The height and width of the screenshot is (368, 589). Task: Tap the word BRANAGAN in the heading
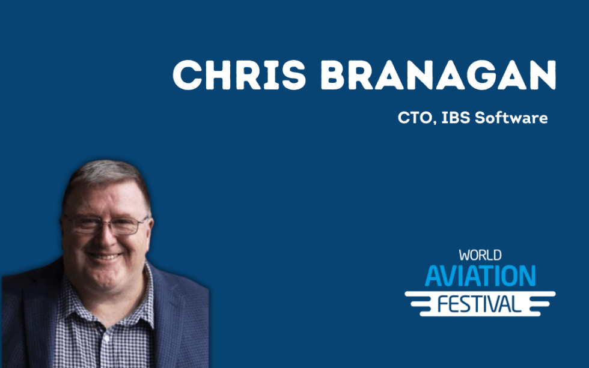tap(432, 76)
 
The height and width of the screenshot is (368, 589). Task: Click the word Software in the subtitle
tap(511, 118)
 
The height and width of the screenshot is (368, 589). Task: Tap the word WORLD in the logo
tap(480, 256)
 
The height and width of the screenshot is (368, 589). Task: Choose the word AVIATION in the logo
tap(480, 276)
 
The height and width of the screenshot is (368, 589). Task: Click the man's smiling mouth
tap(103, 256)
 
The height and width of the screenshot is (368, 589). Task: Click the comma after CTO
tap(434, 122)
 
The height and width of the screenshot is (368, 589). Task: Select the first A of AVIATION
tap(433, 276)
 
